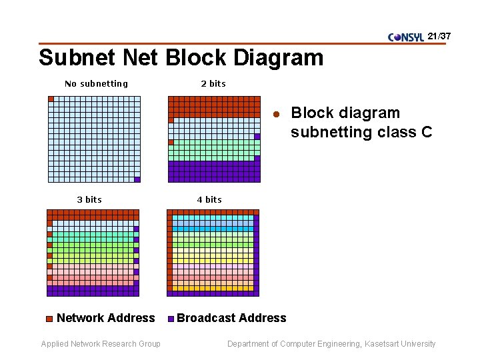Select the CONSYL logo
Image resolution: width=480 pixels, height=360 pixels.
[405, 37]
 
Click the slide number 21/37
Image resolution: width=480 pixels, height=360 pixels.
[439, 35]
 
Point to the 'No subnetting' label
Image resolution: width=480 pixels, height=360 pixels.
[96, 84]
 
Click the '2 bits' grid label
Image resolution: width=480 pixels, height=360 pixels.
[213, 84]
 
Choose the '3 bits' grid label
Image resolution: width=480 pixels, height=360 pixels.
[89, 199]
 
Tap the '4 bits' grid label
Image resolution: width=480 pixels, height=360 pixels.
[209, 199]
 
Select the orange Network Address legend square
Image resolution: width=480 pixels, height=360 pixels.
[49, 319]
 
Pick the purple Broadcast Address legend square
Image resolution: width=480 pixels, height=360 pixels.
[171, 319]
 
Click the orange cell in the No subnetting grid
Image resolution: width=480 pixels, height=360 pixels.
[51, 99]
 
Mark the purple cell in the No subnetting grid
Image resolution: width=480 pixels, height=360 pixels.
[137, 179]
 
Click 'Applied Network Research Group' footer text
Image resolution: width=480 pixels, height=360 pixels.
[101, 344]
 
